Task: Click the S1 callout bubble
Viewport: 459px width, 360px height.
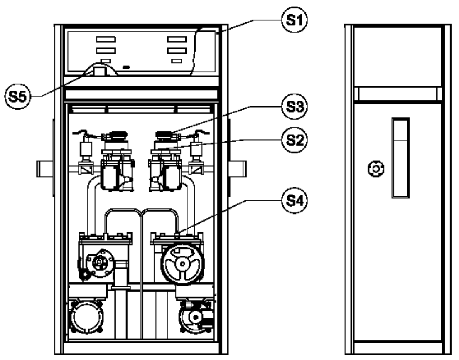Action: (x=294, y=20)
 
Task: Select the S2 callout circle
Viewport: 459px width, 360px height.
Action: (x=294, y=140)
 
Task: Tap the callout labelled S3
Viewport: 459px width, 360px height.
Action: (x=294, y=106)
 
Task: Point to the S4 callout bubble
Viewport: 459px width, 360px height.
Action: (x=294, y=201)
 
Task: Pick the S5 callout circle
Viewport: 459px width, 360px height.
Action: (x=17, y=96)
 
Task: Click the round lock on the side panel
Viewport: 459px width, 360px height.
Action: (x=376, y=169)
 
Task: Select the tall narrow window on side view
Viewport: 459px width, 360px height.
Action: (x=400, y=158)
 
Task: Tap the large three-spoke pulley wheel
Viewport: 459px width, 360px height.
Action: (x=182, y=264)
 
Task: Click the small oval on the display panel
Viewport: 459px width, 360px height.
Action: (x=126, y=67)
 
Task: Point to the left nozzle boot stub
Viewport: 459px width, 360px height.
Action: (x=44, y=169)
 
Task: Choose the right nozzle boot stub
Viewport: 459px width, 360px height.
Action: (x=238, y=169)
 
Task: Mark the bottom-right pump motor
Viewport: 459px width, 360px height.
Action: (x=196, y=316)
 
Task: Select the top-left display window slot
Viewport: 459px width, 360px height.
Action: (x=106, y=39)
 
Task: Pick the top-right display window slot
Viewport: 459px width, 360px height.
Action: (x=177, y=39)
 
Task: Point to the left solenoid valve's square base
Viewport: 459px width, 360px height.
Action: (x=86, y=169)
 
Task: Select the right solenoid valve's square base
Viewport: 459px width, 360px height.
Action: (x=196, y=169)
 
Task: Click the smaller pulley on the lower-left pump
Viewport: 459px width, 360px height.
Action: (x=100, y=262)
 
